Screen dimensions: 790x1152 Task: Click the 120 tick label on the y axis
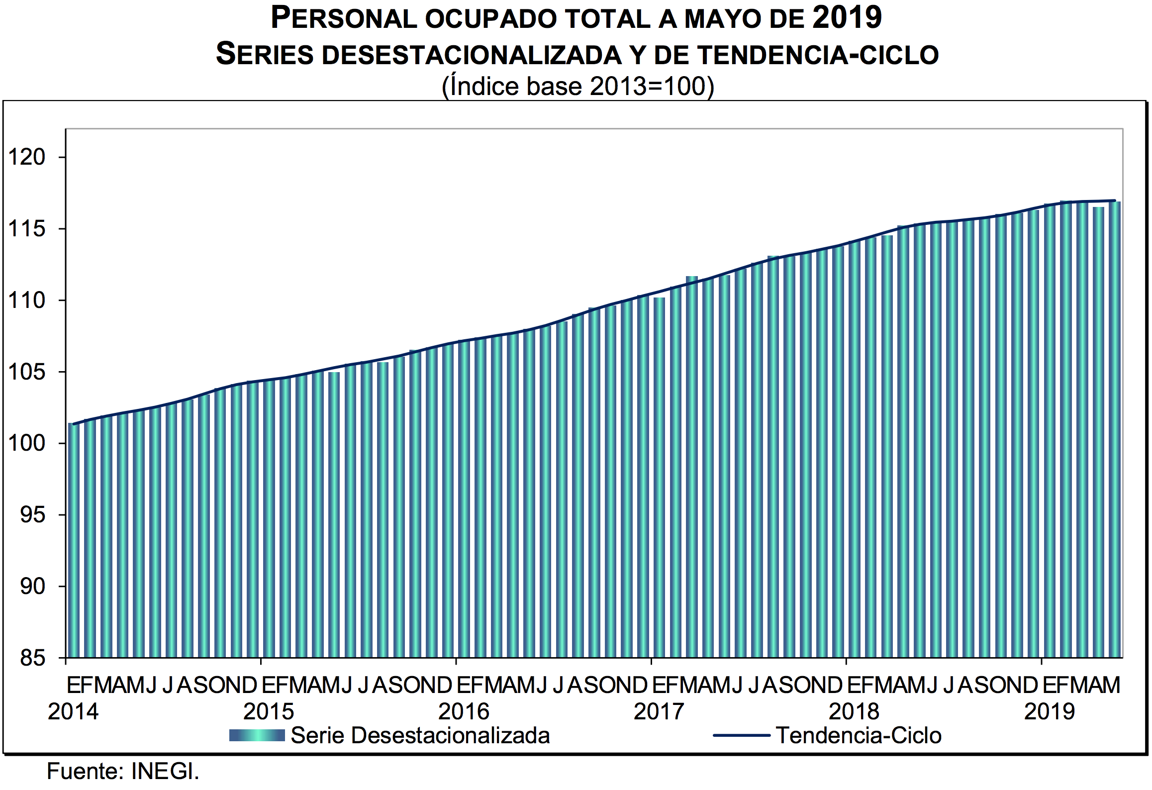point(27,158)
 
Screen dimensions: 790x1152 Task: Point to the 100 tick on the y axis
point(27,444)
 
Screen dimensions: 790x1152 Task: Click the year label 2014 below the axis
point(73,712)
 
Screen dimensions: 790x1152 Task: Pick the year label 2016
point(464,712)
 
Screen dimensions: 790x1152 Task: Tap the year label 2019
point(1050,712)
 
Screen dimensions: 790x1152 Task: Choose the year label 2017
point(659,712)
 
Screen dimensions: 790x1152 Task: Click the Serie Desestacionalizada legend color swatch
point(257,736)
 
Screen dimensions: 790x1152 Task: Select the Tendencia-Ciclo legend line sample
point(742,736)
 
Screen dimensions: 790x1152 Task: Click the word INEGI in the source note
point(165,772)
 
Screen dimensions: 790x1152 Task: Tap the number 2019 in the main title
point(848,18)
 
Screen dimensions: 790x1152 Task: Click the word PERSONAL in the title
point(344,19)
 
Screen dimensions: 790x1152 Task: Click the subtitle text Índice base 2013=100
point(577,87)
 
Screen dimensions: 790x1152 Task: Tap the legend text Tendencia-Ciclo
point(859,736)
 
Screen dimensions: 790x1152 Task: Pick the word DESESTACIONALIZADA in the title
point(472,55)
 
